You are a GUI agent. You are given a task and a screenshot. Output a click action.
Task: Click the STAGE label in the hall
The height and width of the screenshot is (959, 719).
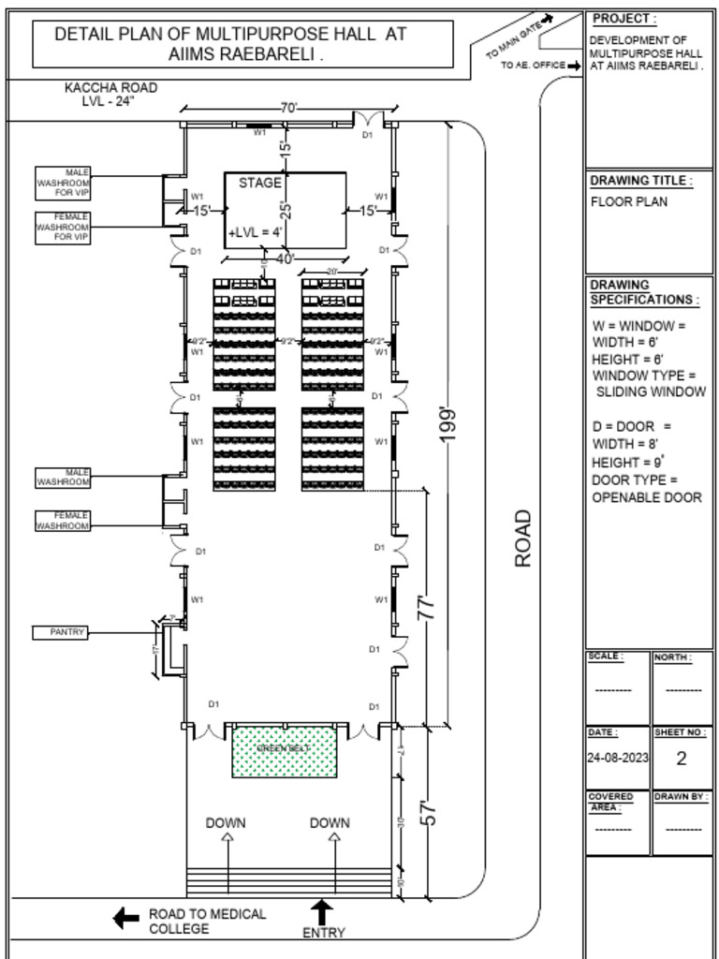point(259,184)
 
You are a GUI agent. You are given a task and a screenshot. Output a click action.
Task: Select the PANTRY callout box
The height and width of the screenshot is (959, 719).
point(61,633)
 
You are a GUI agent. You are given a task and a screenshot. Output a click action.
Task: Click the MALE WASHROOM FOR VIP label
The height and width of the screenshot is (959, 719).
point(63,183)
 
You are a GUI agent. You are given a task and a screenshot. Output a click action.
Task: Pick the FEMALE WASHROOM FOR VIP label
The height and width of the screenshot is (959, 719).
point(63,228)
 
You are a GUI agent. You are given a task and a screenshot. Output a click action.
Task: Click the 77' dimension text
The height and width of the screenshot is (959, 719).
point(426,607)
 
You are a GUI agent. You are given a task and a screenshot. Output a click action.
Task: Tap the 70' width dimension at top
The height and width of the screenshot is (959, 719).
point(288,109)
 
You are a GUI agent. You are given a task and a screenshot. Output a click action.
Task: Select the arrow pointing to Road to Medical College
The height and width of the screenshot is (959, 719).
point(125,919)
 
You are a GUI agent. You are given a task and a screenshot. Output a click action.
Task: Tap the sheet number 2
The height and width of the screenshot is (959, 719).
point(681,759)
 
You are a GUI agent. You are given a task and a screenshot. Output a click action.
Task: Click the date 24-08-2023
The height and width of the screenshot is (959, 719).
point(617,759)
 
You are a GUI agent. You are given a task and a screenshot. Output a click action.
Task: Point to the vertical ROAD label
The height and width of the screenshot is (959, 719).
point(523,538)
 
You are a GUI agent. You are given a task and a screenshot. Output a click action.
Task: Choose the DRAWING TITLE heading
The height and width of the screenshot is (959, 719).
point(641,180)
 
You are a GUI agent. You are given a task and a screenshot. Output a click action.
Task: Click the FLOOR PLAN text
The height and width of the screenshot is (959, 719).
point(629,202)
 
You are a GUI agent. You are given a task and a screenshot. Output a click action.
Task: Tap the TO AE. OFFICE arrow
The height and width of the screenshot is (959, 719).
point(574,66)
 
